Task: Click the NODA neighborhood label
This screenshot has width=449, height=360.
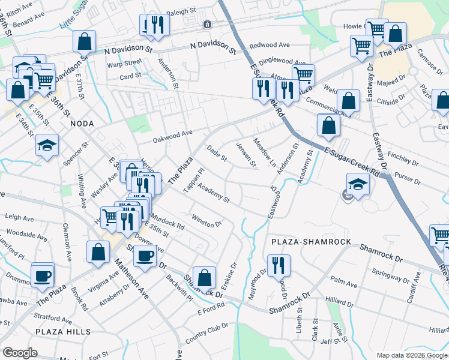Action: tap(83, 123)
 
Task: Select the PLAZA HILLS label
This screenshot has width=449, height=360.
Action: tap(62, 332)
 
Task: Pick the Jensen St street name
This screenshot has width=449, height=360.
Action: tap(246, 154)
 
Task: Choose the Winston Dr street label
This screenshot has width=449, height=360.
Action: tap(206, 220)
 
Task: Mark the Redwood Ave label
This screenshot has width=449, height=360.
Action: tap(270, 45)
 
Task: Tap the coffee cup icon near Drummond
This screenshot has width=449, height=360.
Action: tap(43, 275)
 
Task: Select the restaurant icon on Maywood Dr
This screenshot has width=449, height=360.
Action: tap(279, 264)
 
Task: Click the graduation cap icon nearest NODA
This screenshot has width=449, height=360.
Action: tap(47, 145)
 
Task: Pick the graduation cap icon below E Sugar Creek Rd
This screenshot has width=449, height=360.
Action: tap(357, 184)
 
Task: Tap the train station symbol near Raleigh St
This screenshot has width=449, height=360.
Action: tap(207, 25)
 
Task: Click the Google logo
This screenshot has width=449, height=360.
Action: tap(20, 353)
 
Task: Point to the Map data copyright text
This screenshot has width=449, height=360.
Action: tap(411, 355)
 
